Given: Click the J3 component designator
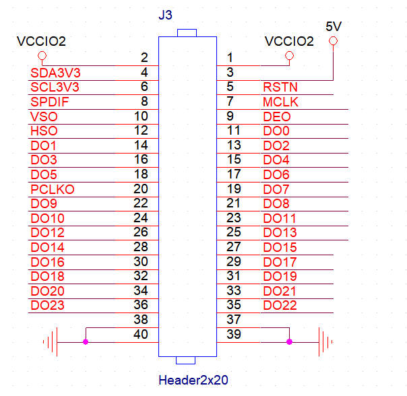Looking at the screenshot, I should pyautogui.click(x=166, y=15).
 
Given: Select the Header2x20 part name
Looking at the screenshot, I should pyautogui.click(x=193, y=380).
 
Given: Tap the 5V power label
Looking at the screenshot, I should pyautogui.click(x=334, y=26).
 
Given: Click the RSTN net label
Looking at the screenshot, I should pyautogui.click(x=280, y=87).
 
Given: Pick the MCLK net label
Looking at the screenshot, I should pyautogui.click(x=280, y=102).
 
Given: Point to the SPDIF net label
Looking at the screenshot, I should pyautogui.click(x=50, y=102).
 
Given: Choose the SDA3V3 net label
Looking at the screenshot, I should pyautogui.click(x=55, y=72).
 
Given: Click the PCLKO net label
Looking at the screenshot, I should pyautogui.click(x=53, y=189).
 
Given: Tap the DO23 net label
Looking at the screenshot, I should pyautogui.click(x=48, y=305).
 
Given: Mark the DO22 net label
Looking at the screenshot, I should pyautogui.click(x=280, y=305).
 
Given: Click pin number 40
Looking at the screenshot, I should pyautogui.click(x=141, y=334).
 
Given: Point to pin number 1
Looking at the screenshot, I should pyautogui.click(x=230, y=58).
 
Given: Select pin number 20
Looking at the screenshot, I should pyautogui.click(x=141, y=189).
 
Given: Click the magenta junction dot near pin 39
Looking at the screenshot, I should pyautogui.click(x=289, y=342).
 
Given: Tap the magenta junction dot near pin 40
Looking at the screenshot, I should pyautogui.click(x=86, y=342).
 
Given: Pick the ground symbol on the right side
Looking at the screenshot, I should pyautogui.click(x=325, y=342).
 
